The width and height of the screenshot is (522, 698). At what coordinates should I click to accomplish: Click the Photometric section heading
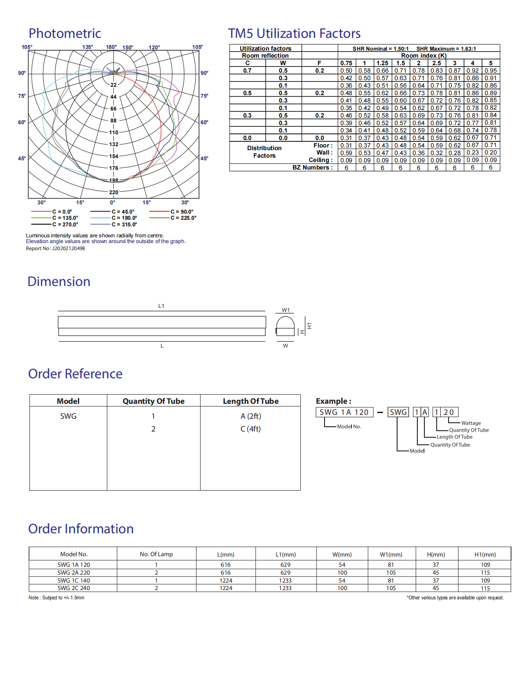coord(65,33)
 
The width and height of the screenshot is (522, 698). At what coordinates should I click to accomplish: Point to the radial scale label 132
coord(113,144)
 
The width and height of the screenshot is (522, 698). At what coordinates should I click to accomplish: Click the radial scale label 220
coord(113,192)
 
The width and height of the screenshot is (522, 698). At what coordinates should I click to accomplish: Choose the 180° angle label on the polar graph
coord(111,47)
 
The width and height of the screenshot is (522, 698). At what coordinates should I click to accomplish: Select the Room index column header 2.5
coord(437,63)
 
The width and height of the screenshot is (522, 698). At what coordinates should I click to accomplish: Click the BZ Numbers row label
coord(312,168)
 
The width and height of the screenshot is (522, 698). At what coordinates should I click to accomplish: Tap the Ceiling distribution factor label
coord(321,160)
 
